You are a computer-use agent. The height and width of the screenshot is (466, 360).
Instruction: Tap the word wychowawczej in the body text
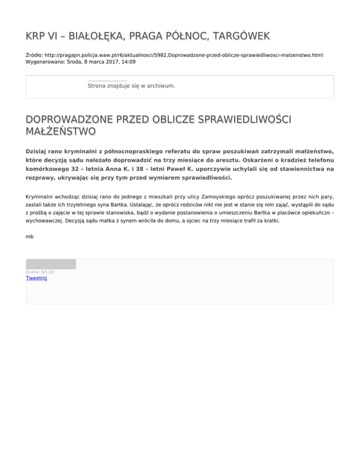coord(46,218)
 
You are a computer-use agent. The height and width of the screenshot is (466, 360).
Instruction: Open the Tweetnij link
coord(36,278)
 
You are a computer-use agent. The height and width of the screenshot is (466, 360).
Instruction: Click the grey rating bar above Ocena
coord(51,264)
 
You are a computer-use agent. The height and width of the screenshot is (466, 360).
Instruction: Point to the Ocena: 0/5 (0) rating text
coord(40,272)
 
